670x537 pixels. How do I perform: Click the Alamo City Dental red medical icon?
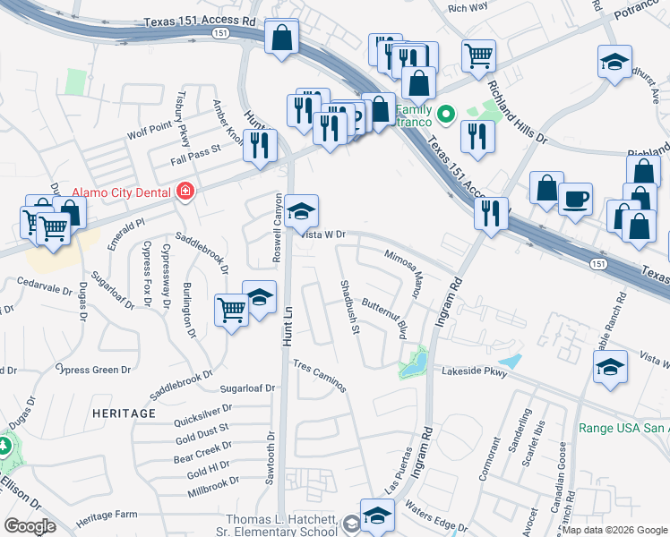point(185,191)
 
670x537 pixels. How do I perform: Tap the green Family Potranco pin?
point(445,115)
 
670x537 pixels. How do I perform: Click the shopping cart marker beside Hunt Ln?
point(232,310)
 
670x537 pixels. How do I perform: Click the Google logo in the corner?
point(30,526)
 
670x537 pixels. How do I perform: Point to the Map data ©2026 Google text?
point(614,530)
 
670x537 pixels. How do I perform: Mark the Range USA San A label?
point(624,428)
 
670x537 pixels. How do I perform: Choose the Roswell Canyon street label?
point(278,228)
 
